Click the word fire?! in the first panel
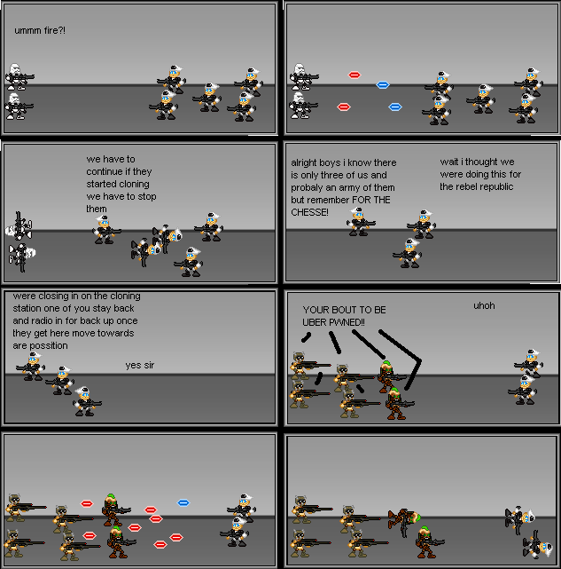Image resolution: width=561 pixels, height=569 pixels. [x=55, y=31]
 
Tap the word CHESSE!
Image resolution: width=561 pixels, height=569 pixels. [x=309, y=212]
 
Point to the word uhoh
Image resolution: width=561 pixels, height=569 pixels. [x=484, y=305]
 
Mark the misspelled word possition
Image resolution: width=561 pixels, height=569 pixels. [x=49, y=345]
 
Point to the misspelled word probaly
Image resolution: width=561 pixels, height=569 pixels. [x=307, y=187]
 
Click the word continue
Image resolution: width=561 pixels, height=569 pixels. [x=105, y=171]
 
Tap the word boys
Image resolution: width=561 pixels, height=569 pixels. [x=333, y=163]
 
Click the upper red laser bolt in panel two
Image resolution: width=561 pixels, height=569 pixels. [x=355, y=75]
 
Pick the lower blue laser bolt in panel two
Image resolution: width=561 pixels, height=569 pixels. [x=395, y=107]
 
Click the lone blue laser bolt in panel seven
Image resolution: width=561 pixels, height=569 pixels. [x=183, y=503]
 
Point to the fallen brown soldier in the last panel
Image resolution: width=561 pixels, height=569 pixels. [x=404, y=518]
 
